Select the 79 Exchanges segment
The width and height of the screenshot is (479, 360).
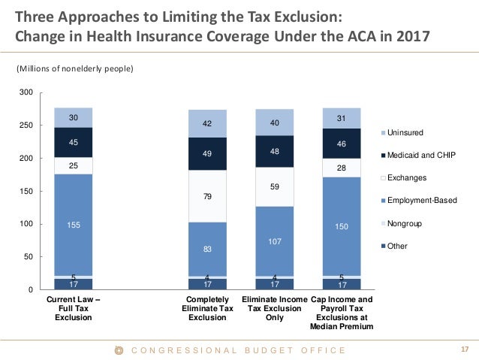click(x=206, y=196)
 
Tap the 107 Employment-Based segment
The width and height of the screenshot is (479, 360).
click(x=274, y=241)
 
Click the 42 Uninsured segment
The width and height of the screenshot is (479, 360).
click(x=206, y=124)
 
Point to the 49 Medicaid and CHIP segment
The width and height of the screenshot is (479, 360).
click(x=206, y=154)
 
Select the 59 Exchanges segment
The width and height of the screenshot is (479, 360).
click(x=274, y=187)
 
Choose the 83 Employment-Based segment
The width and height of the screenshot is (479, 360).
click(x=206, y=249)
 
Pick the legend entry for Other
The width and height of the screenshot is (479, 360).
click(x=398, y=245)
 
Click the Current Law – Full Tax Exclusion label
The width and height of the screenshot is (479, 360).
click(x=73, y=308)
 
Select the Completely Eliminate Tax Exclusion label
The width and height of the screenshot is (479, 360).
click(x=206, y=308)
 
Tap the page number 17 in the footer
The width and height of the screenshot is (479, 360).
click(x=463, y=349)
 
